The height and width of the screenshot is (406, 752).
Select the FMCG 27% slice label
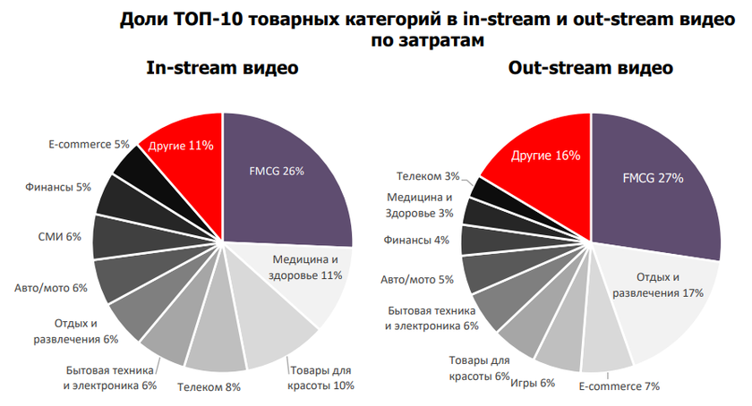click(x=653, y=178)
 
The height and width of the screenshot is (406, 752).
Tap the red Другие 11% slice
click(x=181, y=145)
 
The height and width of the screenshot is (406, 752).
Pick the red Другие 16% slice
click(x=545, y=156)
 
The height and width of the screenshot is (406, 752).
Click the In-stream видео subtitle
click(x=222, y=69)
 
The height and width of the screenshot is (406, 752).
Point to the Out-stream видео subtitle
click(x=591, y=69)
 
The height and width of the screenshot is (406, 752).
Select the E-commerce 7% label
click(x=619, y=386)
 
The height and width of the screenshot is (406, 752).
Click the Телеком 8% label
click(x=209, y=387)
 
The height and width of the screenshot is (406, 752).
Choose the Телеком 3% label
click(x=424, y=177)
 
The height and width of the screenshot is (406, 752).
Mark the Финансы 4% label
click(x=416, y=240)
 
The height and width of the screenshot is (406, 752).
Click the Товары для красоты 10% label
click(x=320, y=377)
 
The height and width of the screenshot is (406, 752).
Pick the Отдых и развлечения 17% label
click(x=657, y=285)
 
